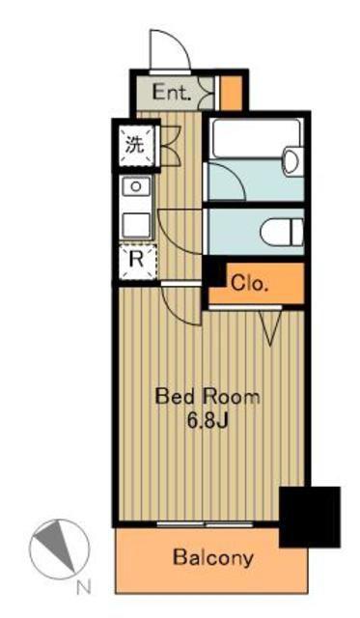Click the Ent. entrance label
point(172,93)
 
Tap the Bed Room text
point(208,396)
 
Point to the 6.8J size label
point(208,421)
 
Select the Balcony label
point(213,558)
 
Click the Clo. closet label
point(249,283)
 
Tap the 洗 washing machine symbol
point(135,146)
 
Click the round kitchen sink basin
point(136,186)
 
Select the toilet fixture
point(282,232)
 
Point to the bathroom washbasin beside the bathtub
point(293,161)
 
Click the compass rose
point(60,548)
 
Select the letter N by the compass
point(84,588)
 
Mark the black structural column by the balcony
point(310,517)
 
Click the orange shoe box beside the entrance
point(231,93)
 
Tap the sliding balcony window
point(205,524)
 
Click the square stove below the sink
point(136,225)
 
